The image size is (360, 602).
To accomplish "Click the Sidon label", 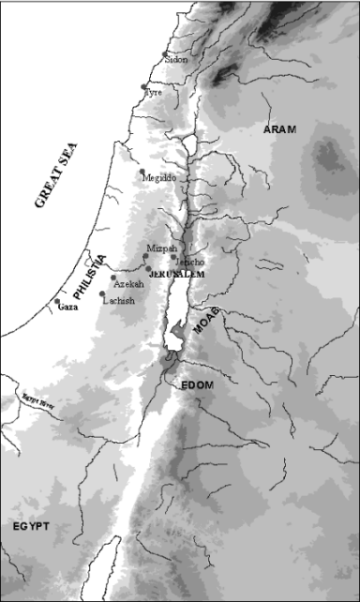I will (x=176, y=59).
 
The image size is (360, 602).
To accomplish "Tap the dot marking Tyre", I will (x=143, y=87).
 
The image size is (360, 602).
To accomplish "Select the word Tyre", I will (x=153, y=93).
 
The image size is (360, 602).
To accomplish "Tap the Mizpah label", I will (x=161, y=248).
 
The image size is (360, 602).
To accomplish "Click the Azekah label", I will (x=127, y=283).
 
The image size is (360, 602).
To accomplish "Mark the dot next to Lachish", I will (x=102, y=294).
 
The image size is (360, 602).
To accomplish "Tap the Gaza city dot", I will (x=57, y=301).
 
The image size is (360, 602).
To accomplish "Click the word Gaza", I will (x=67, y=307).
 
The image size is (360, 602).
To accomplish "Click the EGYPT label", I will (x=30, y=526).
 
